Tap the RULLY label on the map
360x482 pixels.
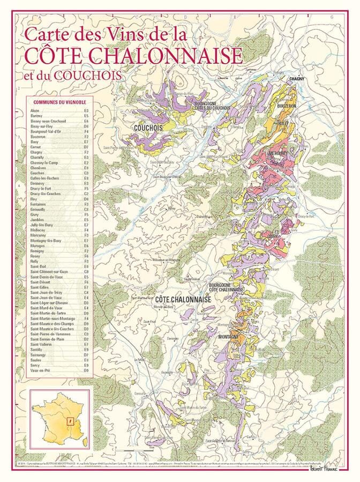[283, 124]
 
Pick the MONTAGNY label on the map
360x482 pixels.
[229, 337]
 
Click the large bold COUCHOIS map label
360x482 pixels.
[148, 128]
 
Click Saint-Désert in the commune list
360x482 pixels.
[41, 282]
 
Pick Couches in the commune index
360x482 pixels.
[38, 173]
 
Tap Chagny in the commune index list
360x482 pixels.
[37, 152]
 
